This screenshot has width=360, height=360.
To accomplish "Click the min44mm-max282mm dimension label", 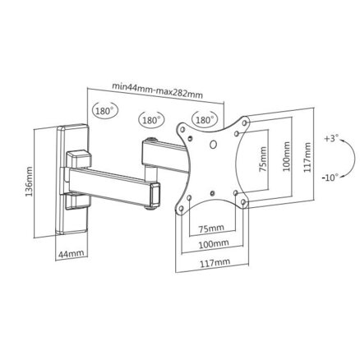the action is pos(158,90).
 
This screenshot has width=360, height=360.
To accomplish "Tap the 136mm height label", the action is pos(29,182).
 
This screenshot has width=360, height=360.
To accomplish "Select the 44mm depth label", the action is pos(72,253).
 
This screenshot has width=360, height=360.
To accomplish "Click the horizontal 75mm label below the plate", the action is pos(211,228).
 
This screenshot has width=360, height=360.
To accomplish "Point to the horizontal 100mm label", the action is pos(214,243).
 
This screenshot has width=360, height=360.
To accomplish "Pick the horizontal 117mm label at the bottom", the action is pos(215,263).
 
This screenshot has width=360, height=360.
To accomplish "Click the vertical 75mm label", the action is pos(263,159).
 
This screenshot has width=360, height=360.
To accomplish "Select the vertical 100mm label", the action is pos(286,156).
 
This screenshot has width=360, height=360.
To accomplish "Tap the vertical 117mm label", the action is pos(307,157).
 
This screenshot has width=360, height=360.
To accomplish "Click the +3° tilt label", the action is pos(331,138).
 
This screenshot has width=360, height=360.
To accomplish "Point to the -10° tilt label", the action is pos(330,178).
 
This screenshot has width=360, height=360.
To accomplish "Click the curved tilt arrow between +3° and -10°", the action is pos(352,158).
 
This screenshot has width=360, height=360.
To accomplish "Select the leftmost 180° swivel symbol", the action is pos(105,111).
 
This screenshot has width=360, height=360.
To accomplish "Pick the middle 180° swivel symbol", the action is pos(151,120).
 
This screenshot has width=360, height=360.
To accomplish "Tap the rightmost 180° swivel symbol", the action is pos(205,119).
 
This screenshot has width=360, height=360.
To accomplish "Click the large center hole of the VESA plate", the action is pos(213,145).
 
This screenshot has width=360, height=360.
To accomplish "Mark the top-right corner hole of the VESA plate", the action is pos(245,122).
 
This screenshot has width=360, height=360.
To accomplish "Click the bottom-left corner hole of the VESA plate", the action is pos(182,208).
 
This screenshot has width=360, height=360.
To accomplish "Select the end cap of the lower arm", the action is pos(155,195).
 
